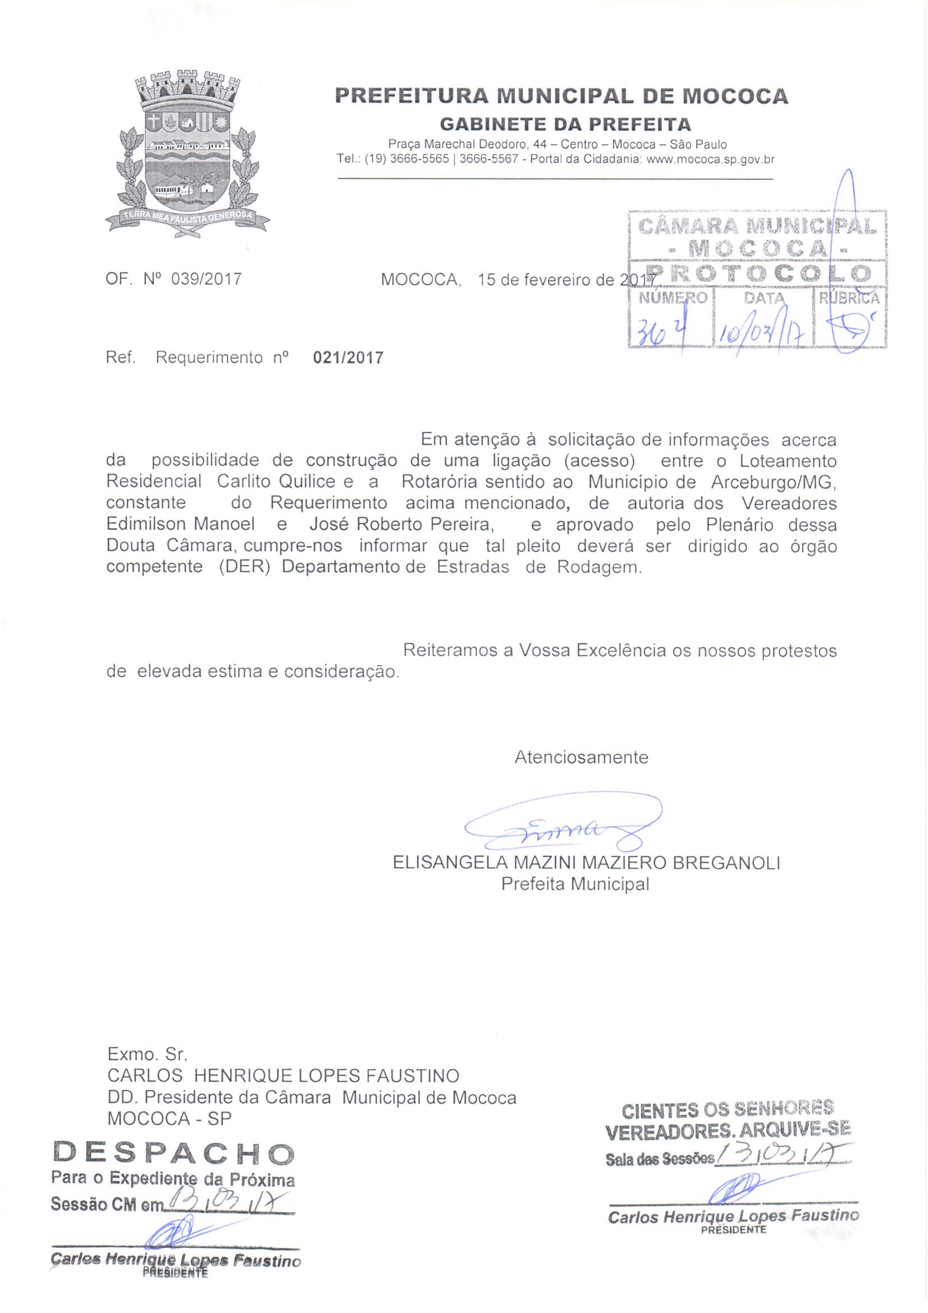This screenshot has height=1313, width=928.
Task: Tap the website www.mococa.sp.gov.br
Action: click(710, 160)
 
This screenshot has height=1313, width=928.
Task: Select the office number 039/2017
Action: click(207, 279)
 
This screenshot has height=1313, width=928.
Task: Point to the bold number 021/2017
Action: click(348, 358)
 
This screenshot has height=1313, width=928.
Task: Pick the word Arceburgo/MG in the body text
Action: click(774, 481)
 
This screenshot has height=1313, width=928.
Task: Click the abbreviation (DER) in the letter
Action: click(244, 567)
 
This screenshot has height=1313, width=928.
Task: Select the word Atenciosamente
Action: click(581, 757)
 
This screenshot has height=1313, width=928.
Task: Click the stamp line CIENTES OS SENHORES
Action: click(728, 1111)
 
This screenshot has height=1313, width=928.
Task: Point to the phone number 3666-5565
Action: click(419, 160)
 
